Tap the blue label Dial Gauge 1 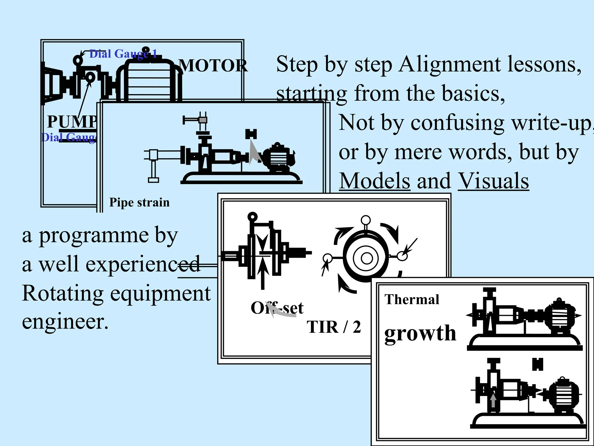[123, 54]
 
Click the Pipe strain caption [139, 202]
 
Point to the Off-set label [277, 308]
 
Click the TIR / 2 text [334, 327]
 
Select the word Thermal [412, 300]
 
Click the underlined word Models [374, 181]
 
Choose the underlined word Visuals [493, 181]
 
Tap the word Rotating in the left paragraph [63, 293]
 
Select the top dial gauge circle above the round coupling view [366, 220]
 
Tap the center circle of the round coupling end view [367, 258]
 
